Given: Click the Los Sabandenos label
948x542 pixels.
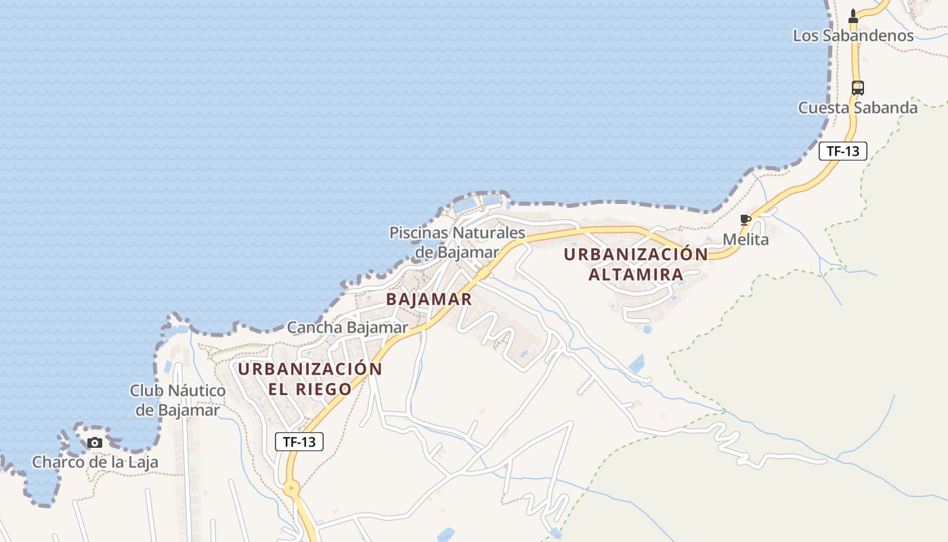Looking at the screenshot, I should pos(853,36).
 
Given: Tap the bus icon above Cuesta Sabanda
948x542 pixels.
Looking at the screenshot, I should pos(857,87).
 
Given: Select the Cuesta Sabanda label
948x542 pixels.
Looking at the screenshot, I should pos(857,108).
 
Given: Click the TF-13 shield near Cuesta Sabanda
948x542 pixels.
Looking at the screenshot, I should pos(842,151).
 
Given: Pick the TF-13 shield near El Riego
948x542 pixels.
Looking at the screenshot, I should pos(299,442).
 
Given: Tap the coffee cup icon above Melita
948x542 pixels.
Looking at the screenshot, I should pos(746,220).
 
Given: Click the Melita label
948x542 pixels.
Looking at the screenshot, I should pos(746,239).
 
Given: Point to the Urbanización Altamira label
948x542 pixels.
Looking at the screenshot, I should pos(636,264).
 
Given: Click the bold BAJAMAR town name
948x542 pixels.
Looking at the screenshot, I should pos(429,299).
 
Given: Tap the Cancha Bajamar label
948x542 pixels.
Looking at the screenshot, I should pos(347,328).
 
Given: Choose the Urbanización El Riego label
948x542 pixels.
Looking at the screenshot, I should pos(309,379).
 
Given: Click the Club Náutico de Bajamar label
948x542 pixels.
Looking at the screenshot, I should pos(177,400).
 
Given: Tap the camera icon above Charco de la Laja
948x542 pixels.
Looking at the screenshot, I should pos(95,443).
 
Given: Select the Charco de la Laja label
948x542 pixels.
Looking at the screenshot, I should pos(95,462).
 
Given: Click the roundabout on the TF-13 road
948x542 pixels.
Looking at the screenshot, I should pos(292,486).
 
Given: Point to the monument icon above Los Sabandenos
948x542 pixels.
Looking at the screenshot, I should pos(853,16).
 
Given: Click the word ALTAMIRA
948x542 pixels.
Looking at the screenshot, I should pos(636,274).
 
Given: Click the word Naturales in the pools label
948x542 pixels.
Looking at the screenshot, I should pos(488,233).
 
